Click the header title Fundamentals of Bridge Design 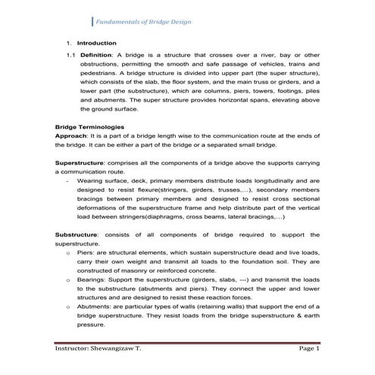pyautogui.click(x=142, y=20)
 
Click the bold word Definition pyautogui.click(x=96, y=55)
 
